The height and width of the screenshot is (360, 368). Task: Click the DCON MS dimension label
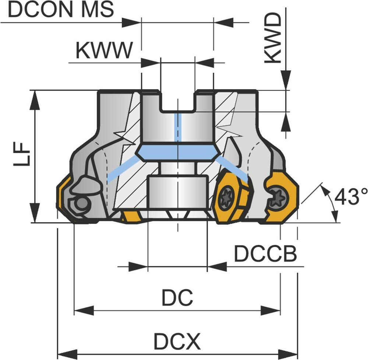[61, 10]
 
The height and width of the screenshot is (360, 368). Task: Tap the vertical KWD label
[273, 39]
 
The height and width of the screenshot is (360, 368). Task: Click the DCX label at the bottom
[177, 342]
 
